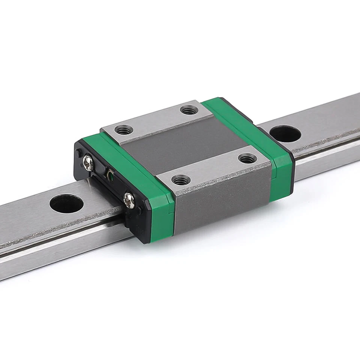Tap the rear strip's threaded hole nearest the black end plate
(123, 130)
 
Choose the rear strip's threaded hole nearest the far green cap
(189, 110)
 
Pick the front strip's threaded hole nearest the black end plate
(180, 179)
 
